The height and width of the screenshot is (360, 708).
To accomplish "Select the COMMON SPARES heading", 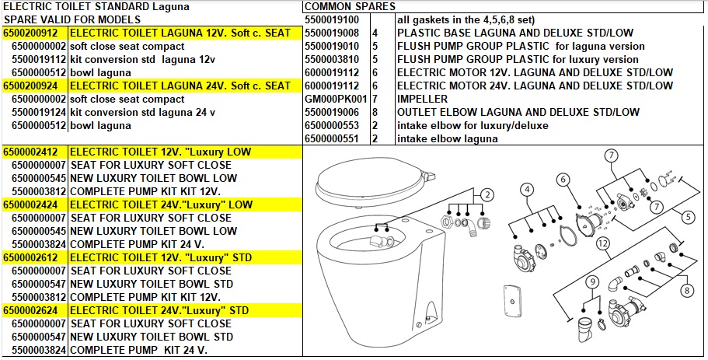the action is click(x=350, y=6).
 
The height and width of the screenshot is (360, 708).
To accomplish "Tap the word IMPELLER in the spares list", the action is click(x=422, y=99).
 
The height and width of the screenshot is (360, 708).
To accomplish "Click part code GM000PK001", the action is click(x=336, y=99).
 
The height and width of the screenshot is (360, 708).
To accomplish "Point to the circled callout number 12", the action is click(x=603, y=244).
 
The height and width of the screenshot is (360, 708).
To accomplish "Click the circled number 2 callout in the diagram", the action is click(x=487, y=196).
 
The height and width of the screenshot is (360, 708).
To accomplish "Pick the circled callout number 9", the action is click(x=591, y=282).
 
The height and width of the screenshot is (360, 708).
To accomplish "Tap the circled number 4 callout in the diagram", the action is click(x=527, y=190).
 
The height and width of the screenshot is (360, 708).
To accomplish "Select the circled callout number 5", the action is click(x=688, y=217).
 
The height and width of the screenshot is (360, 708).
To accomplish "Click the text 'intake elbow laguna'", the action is click(x=448, y=138).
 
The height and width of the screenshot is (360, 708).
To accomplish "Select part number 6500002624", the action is click(x=30, y=311).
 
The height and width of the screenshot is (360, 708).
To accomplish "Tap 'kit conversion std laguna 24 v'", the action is click(x=143, y=112).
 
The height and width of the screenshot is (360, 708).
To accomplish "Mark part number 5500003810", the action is click(x=332, y=59).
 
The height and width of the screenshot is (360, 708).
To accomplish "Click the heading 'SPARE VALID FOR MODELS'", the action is click(x=72, y=20).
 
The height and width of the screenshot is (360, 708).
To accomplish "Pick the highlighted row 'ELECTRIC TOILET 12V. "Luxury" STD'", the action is click(x=161, y=258).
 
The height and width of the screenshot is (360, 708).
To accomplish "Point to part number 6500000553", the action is click(x=332, y=125).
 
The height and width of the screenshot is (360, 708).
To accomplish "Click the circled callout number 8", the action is click(x=687, y=290).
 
